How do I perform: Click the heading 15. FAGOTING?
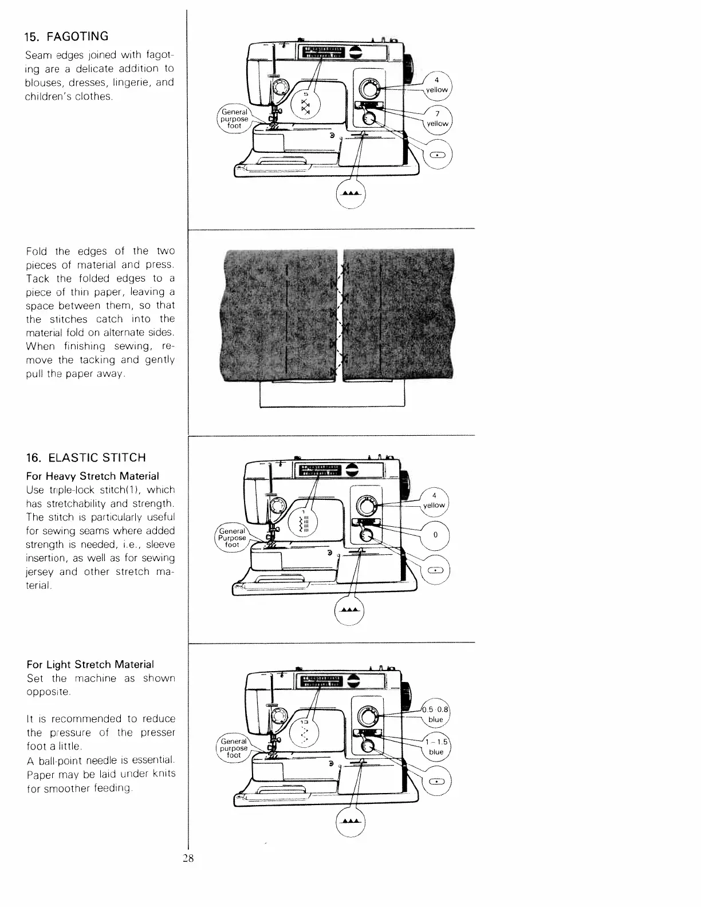tap(66, 37)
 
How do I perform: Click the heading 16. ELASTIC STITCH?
tap(86, 458)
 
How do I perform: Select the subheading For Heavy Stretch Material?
tap(93, 476)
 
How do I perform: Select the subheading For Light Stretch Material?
tap(90, 665)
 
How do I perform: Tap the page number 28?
tap(188, 858)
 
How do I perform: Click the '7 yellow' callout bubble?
tap(437, 119)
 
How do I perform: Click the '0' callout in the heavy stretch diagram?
tap(435, 535)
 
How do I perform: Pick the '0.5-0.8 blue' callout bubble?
tap(436, 714)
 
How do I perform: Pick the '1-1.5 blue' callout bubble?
tap(436, 747)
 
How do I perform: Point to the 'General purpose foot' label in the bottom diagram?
tap(234, 748)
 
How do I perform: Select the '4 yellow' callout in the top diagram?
tap(436, 85)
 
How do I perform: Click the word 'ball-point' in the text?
tap(57, 761)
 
